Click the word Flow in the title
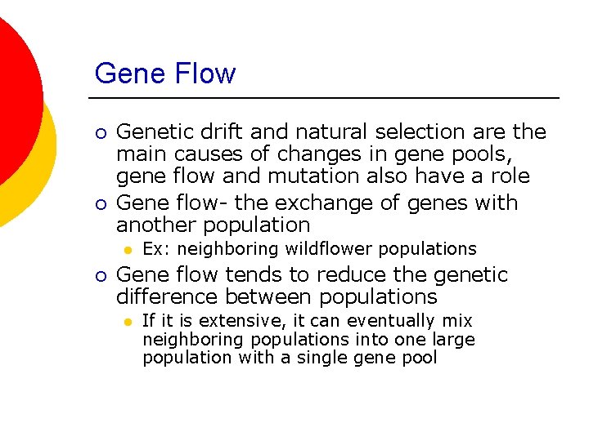pos(204,73)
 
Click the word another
pos(158,225)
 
